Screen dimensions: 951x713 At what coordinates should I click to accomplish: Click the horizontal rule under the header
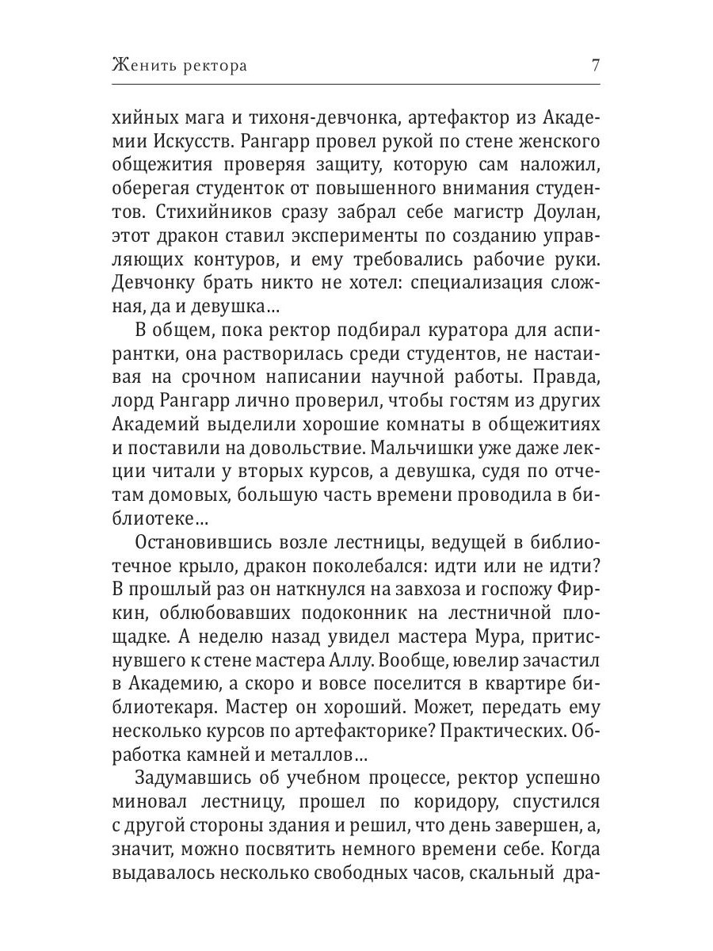(x=356, y=85)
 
